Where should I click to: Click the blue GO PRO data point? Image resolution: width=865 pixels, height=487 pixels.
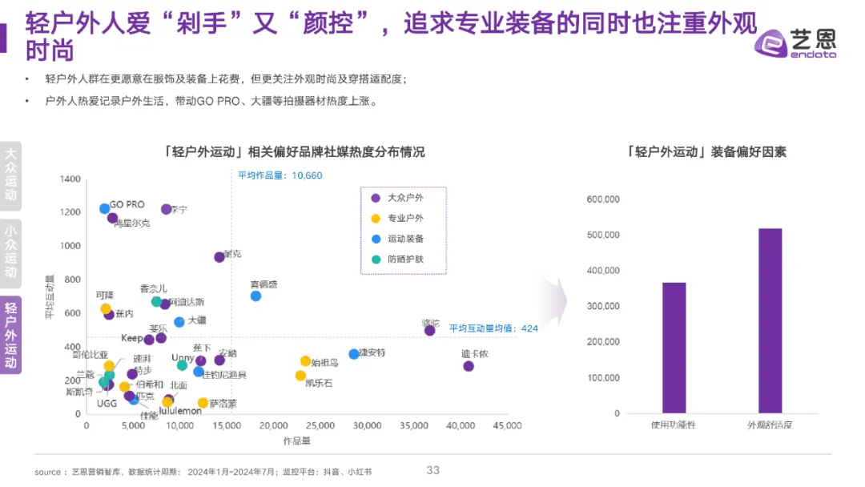pyautogui.click(x=104, y=209)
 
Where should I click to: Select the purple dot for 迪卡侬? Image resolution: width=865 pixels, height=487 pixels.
pyautogui.click(x=469, y=366)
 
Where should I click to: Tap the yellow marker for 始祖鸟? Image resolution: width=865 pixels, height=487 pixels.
pyautogui.click(x=305, y=361)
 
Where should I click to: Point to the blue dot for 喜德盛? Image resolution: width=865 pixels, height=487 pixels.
pyautogui.click(x=255, y=296)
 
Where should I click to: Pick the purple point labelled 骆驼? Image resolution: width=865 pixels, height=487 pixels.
pyautogui.click(x=429, y=330)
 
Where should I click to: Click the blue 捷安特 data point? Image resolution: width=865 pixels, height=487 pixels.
pyautogui.click(x=354, y=354)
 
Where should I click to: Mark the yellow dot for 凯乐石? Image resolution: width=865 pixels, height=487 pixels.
pyautogui.click(x=300, y=376)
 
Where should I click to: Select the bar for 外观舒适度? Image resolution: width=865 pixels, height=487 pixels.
pyautogui.click(x=770, y=320)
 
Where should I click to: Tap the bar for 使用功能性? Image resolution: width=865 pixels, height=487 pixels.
pyautogui.click(x=674, y=348)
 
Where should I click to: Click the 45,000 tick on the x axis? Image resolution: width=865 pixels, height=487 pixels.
pyautogui.click(x=506, y=425)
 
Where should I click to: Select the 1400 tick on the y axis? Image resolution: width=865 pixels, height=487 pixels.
pyautogui.click(x=70, y=179)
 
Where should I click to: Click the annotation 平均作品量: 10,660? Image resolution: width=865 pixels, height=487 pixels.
pyautogui.click(x=280, y=175)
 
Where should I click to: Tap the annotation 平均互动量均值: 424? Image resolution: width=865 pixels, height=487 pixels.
pyautogui.click(x=493, y=328)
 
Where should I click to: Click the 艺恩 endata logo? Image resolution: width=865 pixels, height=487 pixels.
pyautogui.click(x=796, y=43)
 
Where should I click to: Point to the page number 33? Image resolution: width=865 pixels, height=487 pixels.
pyautogui.click(x=433, y=470)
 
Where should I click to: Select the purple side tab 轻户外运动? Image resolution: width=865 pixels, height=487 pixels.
pyautogui.click(x=11, y=335)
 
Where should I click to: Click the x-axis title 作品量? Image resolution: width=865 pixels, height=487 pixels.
pyautogui.click(x=296, y=441)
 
